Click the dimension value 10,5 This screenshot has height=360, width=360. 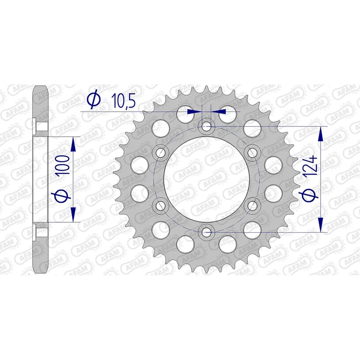pyautogui.click(x=117, y=101)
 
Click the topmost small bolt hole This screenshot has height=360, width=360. pyautogui.click(x=207, y=126)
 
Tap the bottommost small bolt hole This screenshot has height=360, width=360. pyautogui.click(x=207, y=232)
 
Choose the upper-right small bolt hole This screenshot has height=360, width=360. pyautogui.click(x=252, y=153)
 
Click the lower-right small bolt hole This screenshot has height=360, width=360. pyautogui.click(x=252, y=206)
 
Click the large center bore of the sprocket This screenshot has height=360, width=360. pyautogui.click(x=207, y=179)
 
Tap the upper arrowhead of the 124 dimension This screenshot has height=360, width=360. pyautogui.click(x=321, y=132)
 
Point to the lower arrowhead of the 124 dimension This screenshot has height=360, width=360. pyautogui.click(x=321, y=226)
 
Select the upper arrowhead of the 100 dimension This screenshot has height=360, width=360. pyautogui.click(x=73, y=143)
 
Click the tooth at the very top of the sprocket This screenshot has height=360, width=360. pyautogui.click(x=207, y=87)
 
